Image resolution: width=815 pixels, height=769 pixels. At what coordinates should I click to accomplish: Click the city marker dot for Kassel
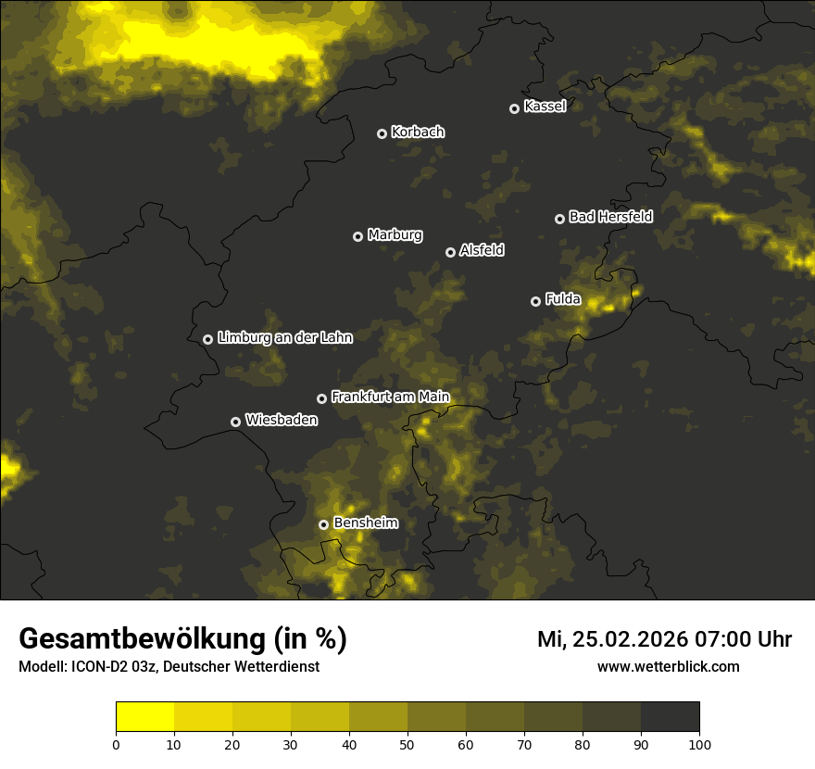(514, 108)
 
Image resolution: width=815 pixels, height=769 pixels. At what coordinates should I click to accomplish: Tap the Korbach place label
(418, 132)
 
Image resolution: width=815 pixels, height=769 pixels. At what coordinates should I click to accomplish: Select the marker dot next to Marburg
(357, 236)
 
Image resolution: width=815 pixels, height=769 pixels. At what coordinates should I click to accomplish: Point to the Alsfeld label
(482, 251)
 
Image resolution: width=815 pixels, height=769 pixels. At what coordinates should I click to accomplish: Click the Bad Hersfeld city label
(610, 217)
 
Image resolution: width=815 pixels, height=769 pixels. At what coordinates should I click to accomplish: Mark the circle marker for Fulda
(535, 301)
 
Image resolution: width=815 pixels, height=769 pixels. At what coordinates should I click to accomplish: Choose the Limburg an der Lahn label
(285, 338)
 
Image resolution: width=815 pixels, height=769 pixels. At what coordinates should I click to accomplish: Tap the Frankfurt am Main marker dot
(321, 398)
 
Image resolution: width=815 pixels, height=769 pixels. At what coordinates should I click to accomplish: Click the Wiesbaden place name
(282, 421)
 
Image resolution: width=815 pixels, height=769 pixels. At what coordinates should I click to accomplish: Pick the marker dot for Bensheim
(323, 524)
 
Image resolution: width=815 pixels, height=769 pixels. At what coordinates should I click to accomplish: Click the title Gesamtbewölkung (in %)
(183, 639)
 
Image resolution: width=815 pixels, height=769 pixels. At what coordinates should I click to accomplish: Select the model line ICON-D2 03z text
(105, 667)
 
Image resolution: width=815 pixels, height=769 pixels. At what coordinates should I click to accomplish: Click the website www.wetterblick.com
(669, 667)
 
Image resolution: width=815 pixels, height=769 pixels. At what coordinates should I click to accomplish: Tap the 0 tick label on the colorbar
(116, 744)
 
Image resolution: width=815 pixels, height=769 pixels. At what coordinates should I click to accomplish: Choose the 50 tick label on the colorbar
(407, 744)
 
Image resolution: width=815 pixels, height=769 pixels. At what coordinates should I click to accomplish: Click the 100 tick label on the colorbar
(699, 744)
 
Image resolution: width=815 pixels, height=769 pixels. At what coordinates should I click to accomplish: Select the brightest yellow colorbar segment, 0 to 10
(144, 717)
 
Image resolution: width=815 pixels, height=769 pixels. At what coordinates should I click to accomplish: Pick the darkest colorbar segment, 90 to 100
(670, 717)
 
